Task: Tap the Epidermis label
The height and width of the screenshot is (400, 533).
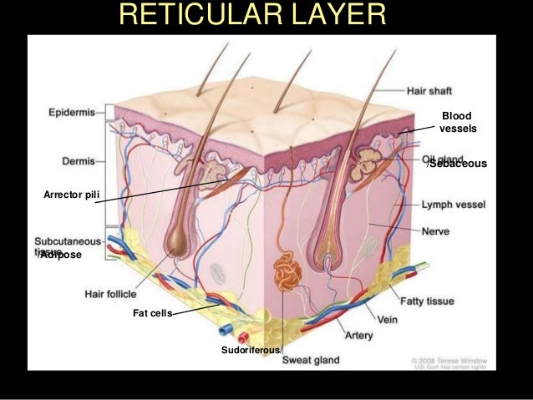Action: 72,109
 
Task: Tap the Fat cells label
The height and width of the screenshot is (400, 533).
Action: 152,313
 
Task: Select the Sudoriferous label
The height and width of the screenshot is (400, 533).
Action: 251,349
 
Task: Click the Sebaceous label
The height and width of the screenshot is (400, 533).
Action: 456,165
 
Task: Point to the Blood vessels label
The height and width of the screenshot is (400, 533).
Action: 456,123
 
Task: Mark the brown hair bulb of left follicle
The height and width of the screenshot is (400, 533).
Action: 176,242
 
